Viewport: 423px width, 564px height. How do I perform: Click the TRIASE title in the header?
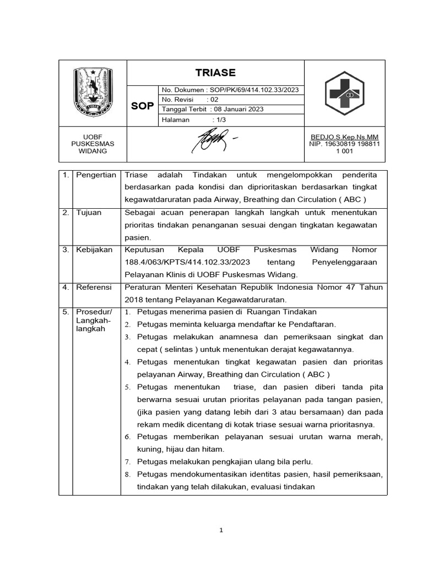point(215,73)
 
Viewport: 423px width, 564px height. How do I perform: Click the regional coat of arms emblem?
point(93,92)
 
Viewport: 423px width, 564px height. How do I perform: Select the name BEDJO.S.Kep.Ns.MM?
point(345,137)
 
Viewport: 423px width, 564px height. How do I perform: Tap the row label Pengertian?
point(96,175)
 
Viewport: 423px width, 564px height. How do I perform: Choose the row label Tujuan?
point(89,213)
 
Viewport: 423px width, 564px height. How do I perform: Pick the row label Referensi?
point(94,287)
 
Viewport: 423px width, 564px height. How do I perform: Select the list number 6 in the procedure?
point(126,437)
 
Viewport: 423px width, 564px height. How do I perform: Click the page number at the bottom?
point(221,530)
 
